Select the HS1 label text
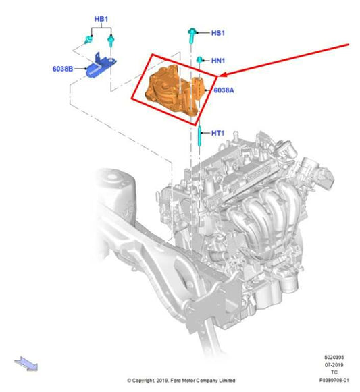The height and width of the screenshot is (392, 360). pyautogui.click(x=218, y=32)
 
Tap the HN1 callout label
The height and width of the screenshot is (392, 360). pyautogui.click(x=218, y=61)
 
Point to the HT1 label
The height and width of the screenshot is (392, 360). pyautogui.click(x=217, y=134)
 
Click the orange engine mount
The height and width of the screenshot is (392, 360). pyautogui.click(x=174, y=88)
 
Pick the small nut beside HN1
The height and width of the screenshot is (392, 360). pyautogui.click(x=200, y=61)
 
